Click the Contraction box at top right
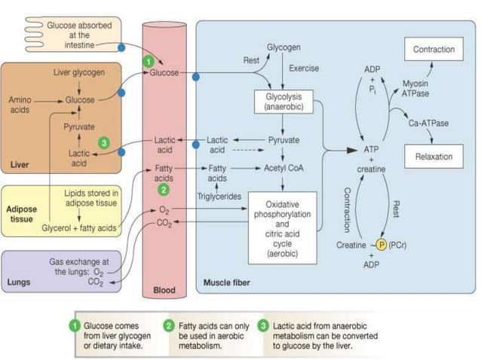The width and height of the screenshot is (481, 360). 434,50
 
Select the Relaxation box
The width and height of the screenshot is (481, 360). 434,157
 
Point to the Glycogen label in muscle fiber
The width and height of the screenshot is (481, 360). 283,46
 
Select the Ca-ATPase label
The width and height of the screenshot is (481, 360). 426,122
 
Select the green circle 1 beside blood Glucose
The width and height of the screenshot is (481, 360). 150,60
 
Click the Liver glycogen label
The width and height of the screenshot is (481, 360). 79,72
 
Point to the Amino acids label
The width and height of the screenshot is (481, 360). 20,105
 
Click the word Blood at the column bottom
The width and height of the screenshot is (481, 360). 164,289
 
